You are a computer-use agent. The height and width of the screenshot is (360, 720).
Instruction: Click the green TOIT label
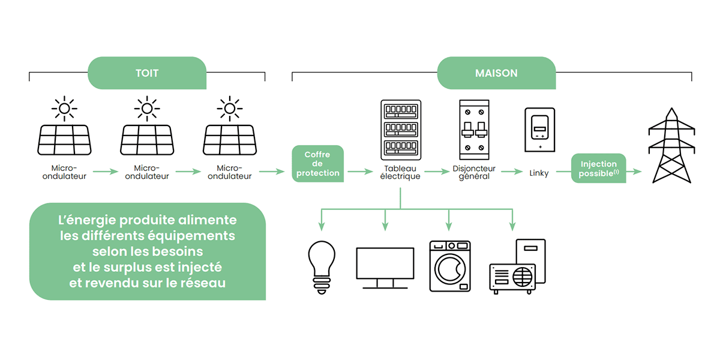147,73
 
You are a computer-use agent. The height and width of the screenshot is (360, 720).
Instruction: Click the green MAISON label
496,73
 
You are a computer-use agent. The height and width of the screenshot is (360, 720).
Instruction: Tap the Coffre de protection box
317,164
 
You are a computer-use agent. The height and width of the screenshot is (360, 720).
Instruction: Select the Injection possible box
598,168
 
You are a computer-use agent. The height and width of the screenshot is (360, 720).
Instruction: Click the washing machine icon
450,266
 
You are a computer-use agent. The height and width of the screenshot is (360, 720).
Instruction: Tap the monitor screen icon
385,268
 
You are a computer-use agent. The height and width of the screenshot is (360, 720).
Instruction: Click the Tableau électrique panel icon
401,130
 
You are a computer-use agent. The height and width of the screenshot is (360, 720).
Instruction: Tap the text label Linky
539,173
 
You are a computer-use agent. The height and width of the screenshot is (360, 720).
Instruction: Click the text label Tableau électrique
400,172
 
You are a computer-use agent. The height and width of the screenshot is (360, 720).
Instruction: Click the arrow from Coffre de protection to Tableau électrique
360,172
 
